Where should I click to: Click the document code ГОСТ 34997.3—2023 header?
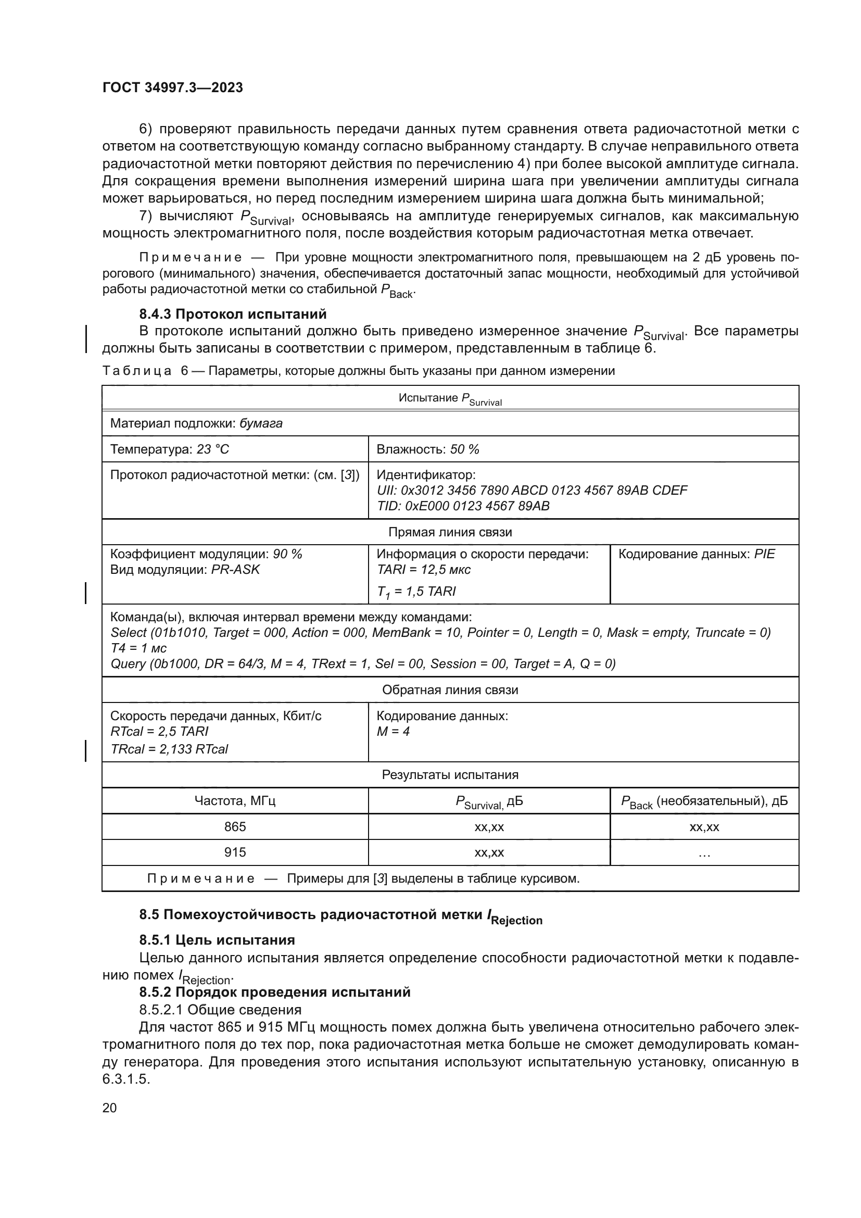172,87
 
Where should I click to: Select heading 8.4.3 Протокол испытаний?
233,314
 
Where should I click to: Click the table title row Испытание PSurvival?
450,398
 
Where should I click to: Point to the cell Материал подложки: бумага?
196,423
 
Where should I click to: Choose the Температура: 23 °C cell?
170,449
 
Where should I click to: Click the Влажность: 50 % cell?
427,449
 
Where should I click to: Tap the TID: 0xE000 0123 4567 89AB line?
463,506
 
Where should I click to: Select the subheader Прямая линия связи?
450,532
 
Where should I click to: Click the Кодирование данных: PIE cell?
696,554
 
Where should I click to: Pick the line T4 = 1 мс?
138,648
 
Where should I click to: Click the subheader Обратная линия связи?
450,689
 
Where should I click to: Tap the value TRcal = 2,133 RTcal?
169,748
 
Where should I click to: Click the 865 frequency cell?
235,826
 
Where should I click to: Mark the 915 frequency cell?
235,852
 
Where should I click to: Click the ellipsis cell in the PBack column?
704,852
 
